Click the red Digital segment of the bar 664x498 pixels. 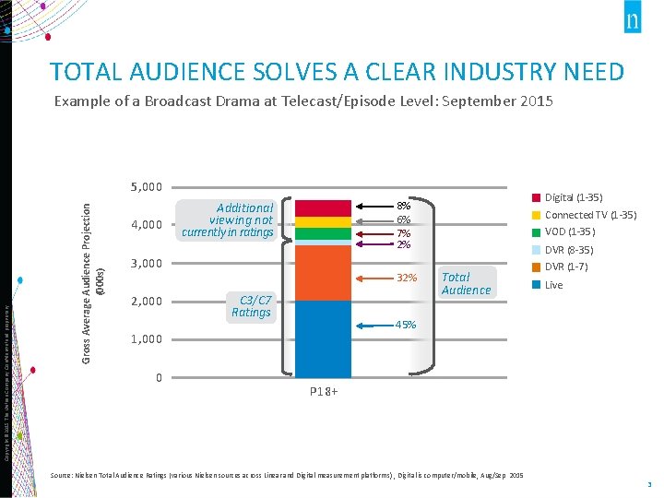323,207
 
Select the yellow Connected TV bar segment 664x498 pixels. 323,221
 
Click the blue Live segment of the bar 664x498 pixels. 323,338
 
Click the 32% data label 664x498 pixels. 406,279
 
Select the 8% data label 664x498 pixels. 403,207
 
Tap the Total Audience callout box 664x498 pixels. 466,283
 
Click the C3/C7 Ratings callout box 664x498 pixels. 251,306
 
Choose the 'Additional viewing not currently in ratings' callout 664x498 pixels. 228,220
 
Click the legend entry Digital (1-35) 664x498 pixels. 573,197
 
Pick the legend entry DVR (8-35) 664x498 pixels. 568,250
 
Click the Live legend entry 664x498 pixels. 553,285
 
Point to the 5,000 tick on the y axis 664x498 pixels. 146,187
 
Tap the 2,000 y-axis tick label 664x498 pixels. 146,302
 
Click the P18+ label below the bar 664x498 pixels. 323,392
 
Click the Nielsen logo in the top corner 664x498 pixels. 632,21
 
